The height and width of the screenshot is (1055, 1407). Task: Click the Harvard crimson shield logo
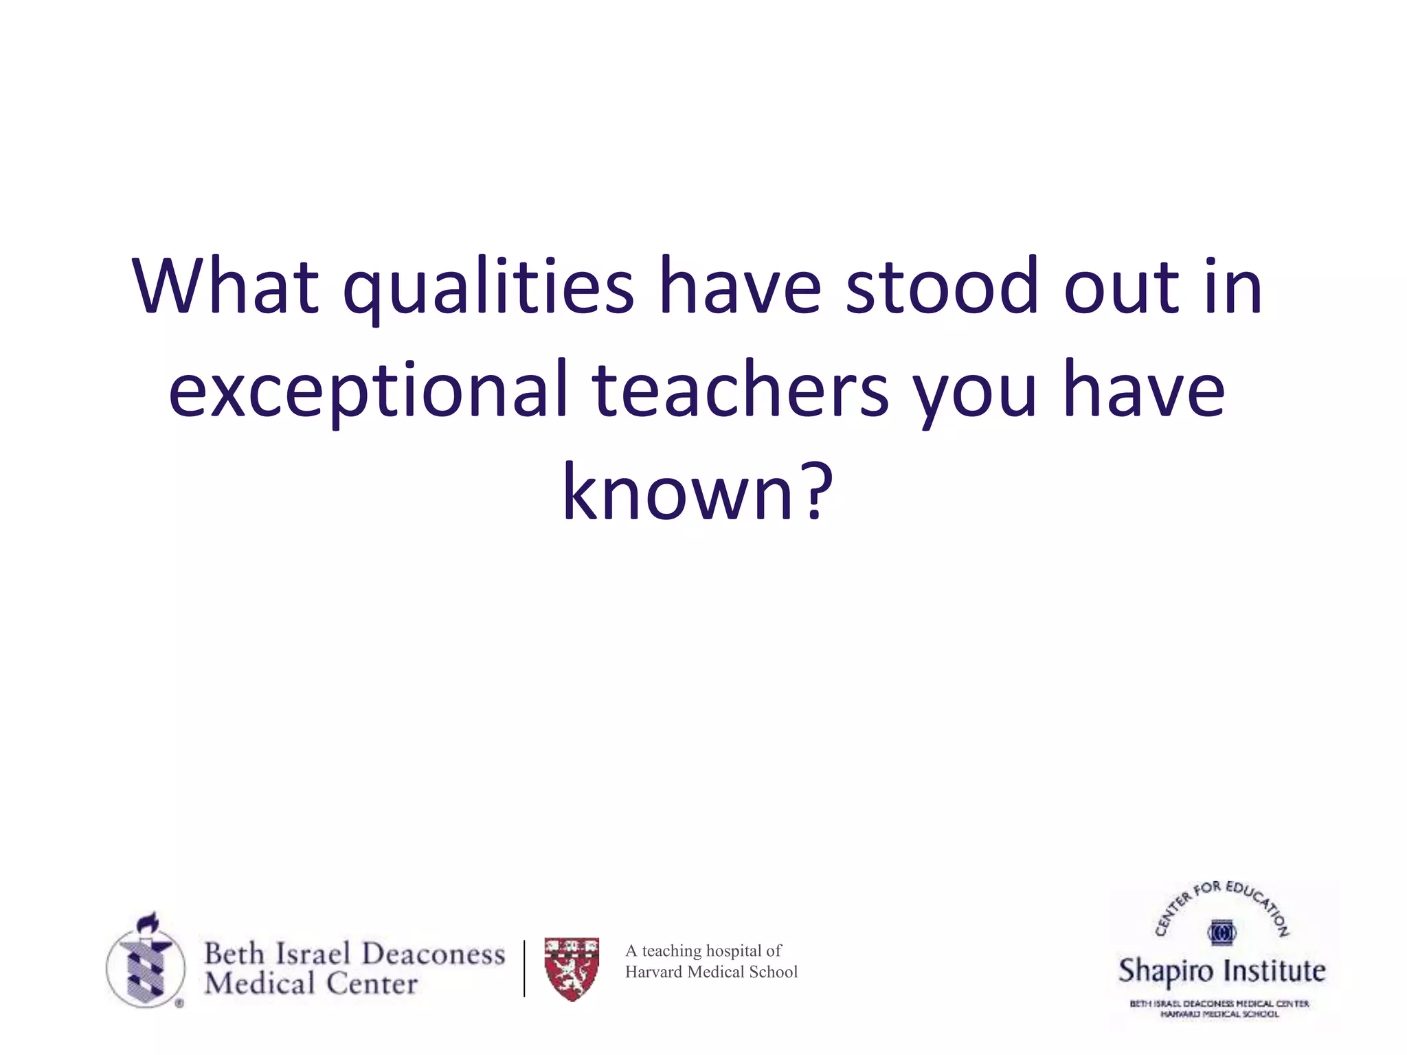pyautogui.click(x=572, y=968)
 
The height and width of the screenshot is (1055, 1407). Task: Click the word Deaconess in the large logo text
pyautogui.click(x=433, y=953)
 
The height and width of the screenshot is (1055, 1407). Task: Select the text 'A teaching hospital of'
pyautogui.click(x=703, y=951)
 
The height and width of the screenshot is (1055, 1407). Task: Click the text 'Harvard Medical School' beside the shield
pyautogui.click(x=711, y=972)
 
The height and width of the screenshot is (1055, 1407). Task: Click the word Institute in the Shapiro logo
pyautogui.click(x=1275, y=971)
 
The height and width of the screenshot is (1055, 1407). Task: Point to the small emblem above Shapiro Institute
pyautogui.click(x=1222, y=933)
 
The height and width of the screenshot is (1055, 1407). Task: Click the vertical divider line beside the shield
pyautogui.click(x=524, y=968)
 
